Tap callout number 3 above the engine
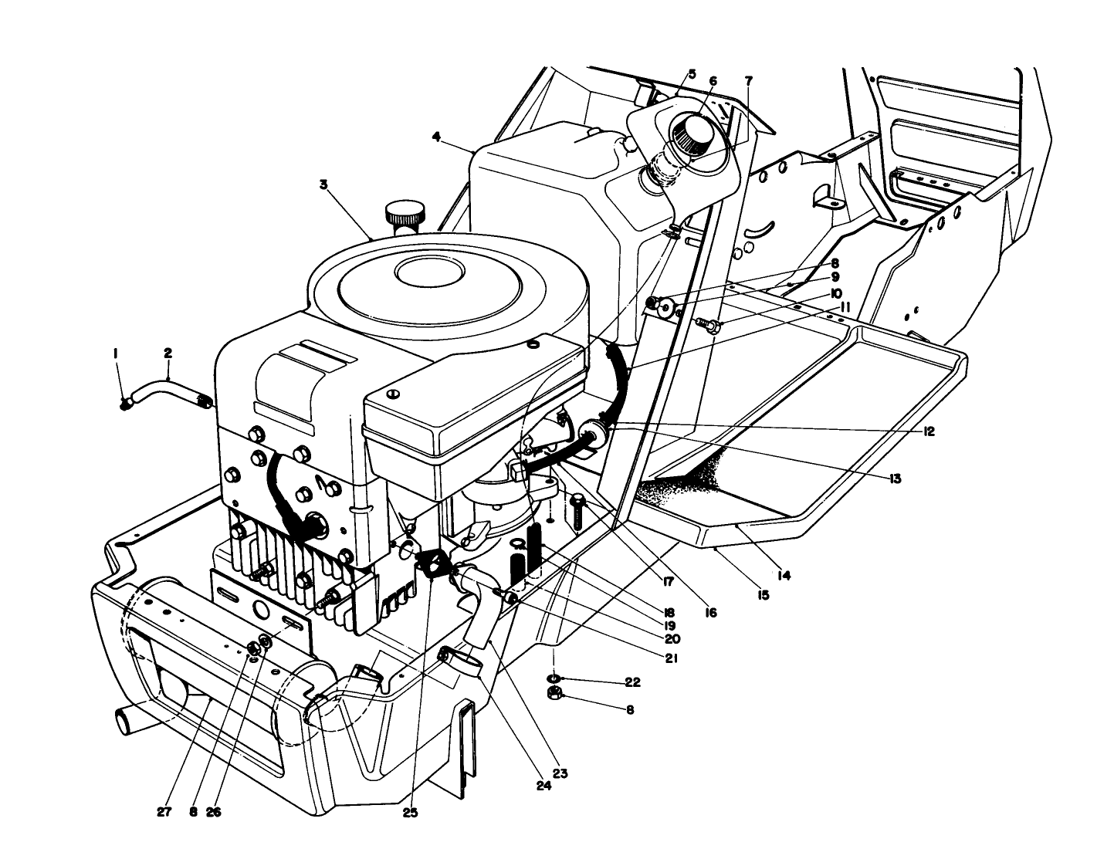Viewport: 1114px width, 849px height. [324, 185]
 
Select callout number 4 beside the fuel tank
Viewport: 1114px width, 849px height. [436, 137]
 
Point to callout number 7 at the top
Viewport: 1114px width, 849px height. [748, 80]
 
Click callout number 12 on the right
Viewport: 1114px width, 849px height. [928, 431]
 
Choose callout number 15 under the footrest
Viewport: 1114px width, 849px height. [763, 595]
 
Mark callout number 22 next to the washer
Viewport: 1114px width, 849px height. [633, 683]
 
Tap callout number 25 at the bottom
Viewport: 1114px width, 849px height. [410, 813]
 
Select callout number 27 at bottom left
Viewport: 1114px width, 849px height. [164, 813]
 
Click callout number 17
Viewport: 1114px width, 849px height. [669, 583]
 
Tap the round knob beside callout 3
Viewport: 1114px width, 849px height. [405, 211]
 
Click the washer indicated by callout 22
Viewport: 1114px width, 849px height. [554, 678]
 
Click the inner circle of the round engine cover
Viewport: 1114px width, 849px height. [429, 272]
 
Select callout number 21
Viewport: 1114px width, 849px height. [670, 658]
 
